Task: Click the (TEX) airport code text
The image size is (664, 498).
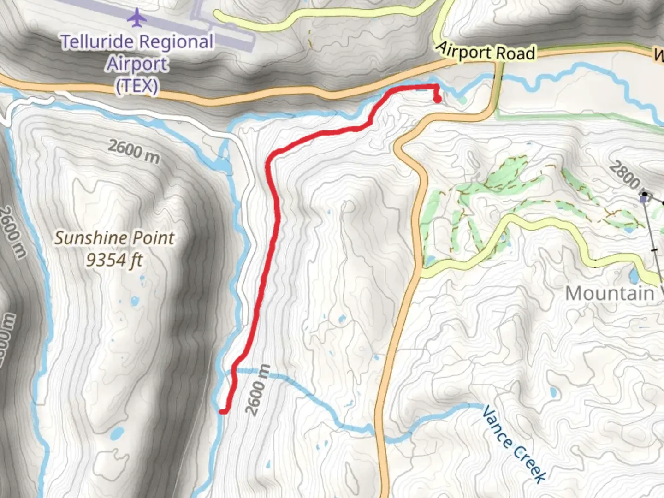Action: point(137,86)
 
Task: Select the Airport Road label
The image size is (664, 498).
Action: point(486,52)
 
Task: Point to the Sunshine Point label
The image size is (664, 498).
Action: point(114,238)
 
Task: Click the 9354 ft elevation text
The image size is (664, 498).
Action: point(114,261)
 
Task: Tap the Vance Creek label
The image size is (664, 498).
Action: point(514,444)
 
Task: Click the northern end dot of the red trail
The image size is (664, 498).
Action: point(437,98)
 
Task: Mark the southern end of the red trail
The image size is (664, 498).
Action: point(222,411)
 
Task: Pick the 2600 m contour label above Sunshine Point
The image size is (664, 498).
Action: point(134,151)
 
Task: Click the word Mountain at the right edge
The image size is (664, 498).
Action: point(610,293)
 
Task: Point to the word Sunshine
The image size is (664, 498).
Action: point(85,238)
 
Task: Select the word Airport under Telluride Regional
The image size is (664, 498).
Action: point(137,64)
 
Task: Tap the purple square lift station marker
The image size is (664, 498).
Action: point(644,199)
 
